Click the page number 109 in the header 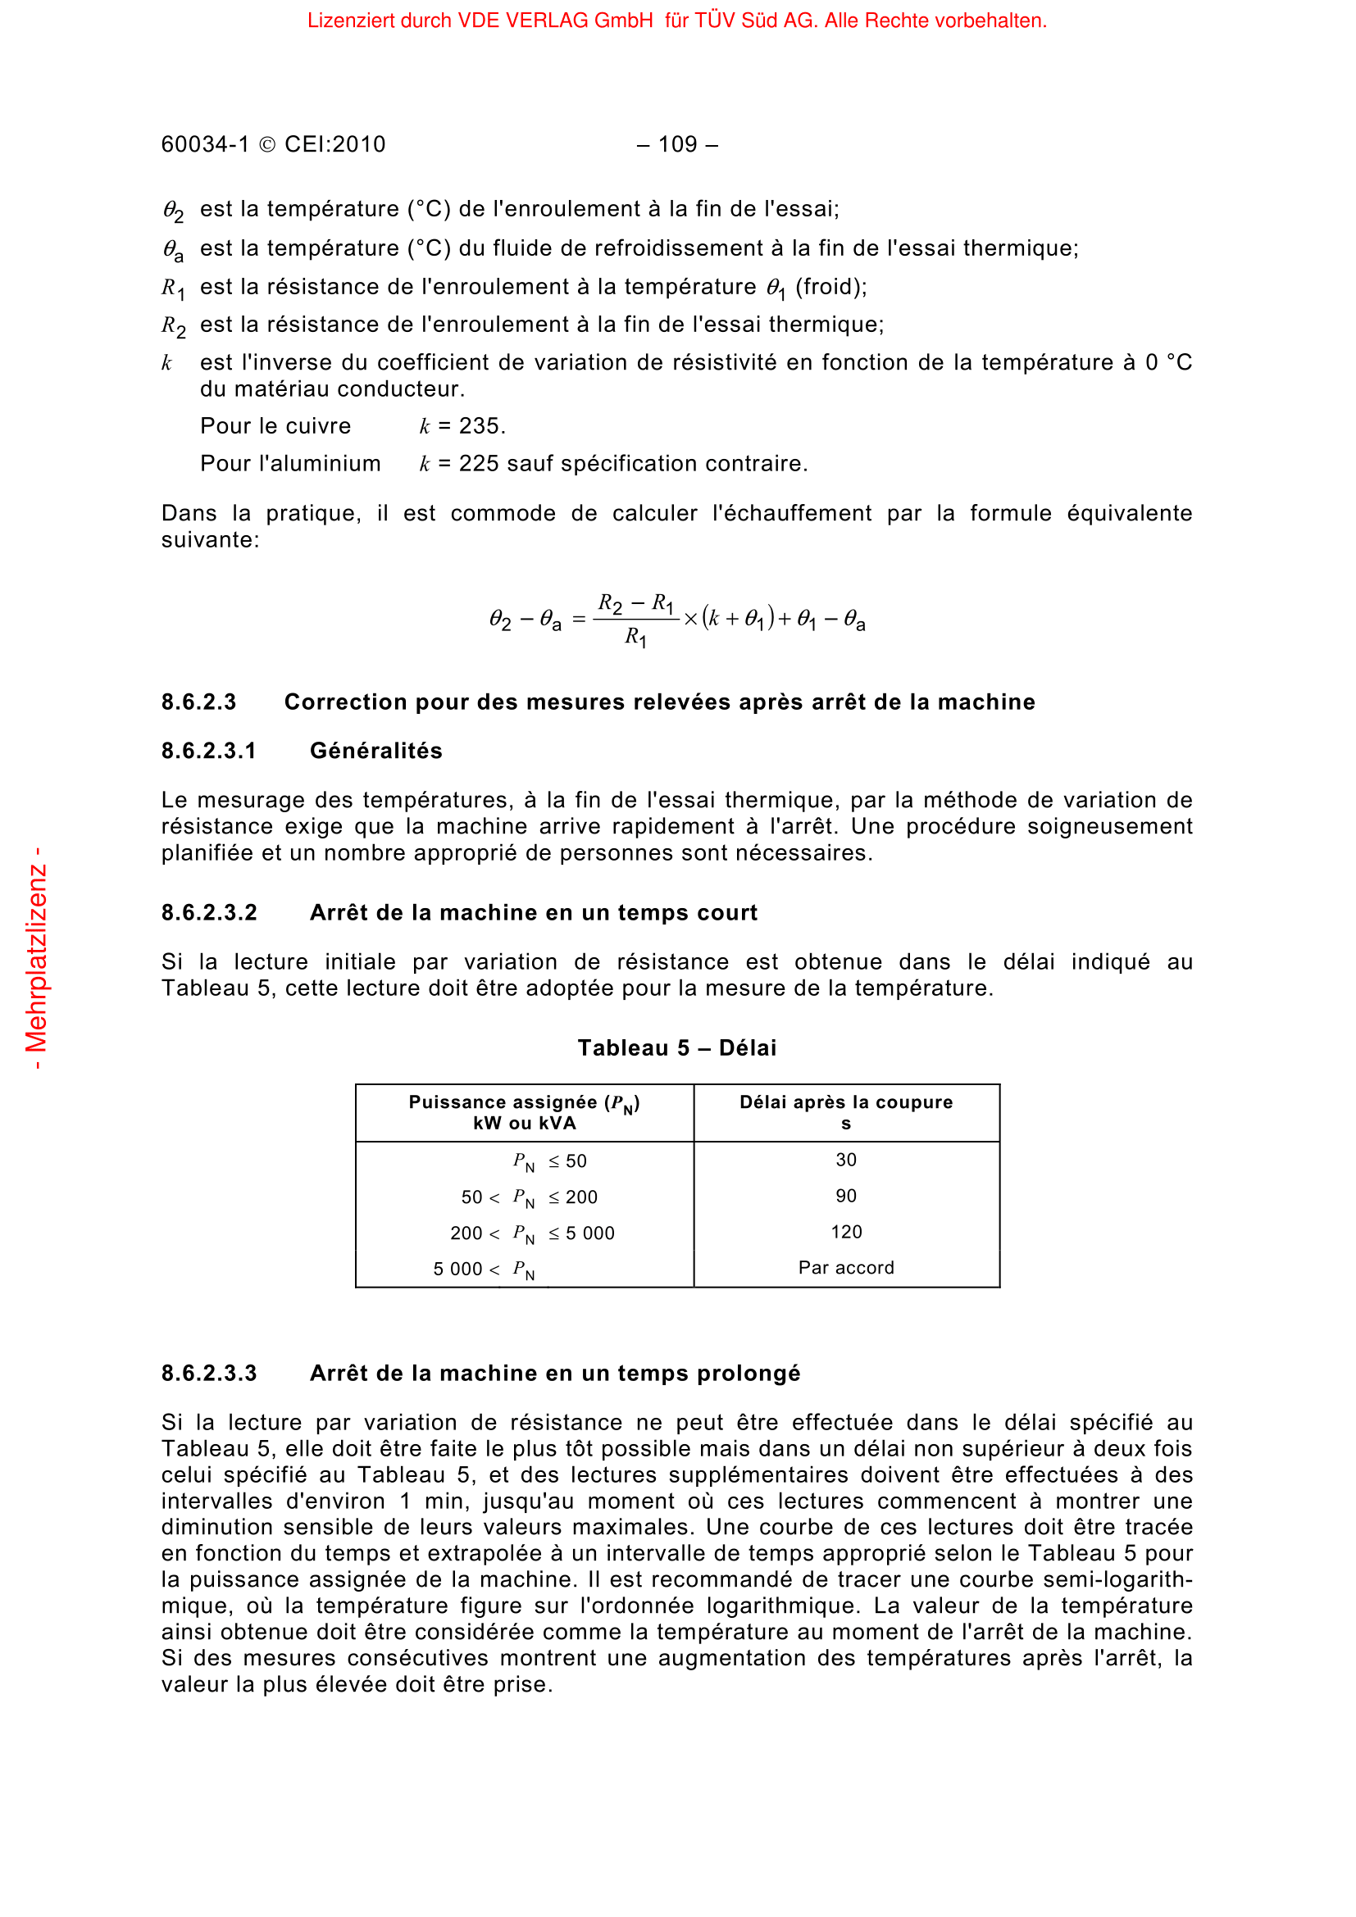(x=677, y=144)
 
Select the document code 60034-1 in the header (x=206, y=144)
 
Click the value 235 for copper (x=480, y=427)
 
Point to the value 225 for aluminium (x=480, y=464)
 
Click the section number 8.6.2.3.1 (x=209, y=752)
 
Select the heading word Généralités (x=375, y=752)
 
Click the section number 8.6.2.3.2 (x=209, y=913)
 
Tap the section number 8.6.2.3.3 (x=209, y=1374)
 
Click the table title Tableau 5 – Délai (x=677, y=1049)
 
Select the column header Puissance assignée (x=524, y=1103)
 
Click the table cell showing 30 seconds (x=846, y=1161)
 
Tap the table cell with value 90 (x=846, y=1197)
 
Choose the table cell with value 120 (x=846, y=1233)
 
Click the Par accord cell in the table (x=846, y=1268)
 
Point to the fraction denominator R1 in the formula (x=635, y=638)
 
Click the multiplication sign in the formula (x=690, y=620)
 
